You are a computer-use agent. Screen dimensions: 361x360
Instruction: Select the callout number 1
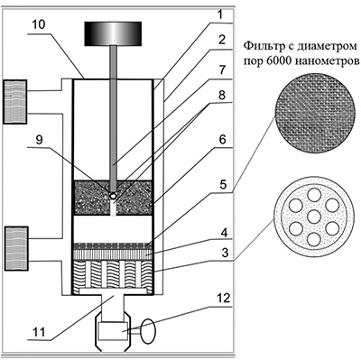(220, 14)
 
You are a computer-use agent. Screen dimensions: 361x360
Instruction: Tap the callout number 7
(222, 70)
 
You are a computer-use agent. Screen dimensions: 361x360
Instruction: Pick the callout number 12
(223, 298)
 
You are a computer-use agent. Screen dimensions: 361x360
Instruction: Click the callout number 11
(38, 332)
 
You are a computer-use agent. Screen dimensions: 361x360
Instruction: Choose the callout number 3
(223, 253)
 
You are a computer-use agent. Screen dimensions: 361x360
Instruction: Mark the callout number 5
(223, 184)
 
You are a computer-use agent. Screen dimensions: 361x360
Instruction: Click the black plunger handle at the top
(113, 33)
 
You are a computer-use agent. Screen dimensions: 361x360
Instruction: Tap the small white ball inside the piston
(113, 196)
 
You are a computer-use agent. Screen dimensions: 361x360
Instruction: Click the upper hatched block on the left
(15, 102)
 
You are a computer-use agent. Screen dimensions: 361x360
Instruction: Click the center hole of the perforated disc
(314, 217)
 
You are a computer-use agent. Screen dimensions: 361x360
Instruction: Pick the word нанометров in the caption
(327, 61)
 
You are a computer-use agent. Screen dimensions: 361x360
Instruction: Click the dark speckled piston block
(113, 198)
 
